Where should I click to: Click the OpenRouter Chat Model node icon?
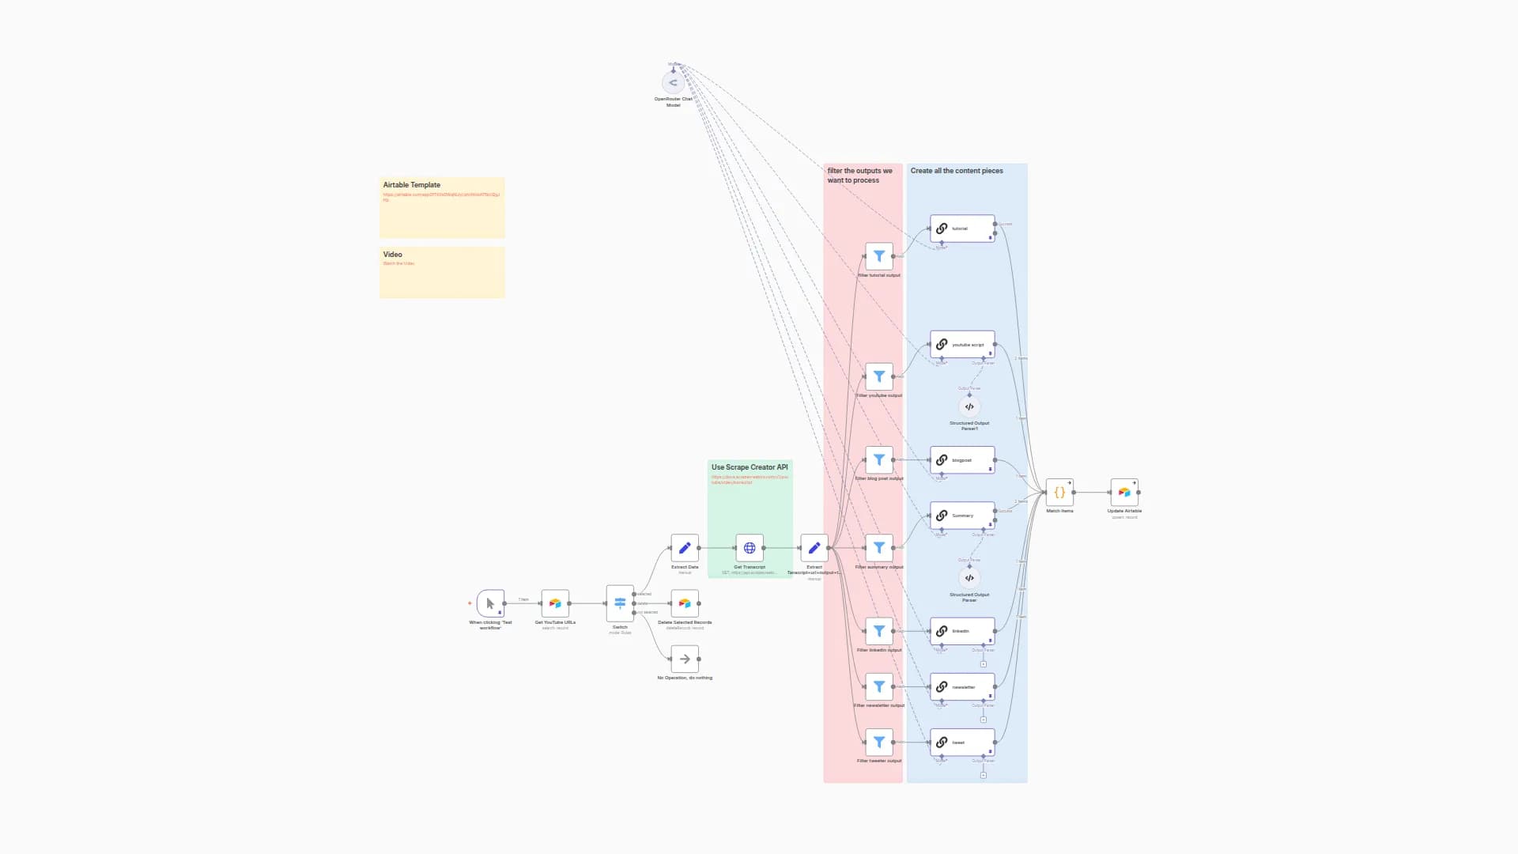pyautogui.click(x=673, y=82)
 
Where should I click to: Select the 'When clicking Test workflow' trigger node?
pyautogui.click(x=490, y=603)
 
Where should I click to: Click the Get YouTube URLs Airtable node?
pyautogui.click(x=555, y=603)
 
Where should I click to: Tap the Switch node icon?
pyautogui.click(x=620, y=603)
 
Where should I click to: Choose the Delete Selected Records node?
pyautogui.click(x=685, y=603)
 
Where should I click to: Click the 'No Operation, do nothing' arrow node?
pyautogui.click(x=685, y=659)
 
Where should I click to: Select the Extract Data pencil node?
pyautogui.click(x=685, y=548)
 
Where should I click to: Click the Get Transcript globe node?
pyautogui.click(x=750, y=548)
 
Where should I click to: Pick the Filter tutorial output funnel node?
pyautogui.click(x=879, y=256)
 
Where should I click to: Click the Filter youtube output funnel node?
pyautogui.click(x=879, y=376)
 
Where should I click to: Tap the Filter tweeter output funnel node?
pyautogui.click(x=879, y=742)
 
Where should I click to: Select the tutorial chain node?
pyautogui.click(x=962, y=229)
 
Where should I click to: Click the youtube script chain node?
pyautogui.click(x=962, y=345)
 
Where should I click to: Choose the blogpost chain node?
pyautogui.click(x=962, y=460)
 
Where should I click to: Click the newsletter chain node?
pyautogui.click(x=962, y=687)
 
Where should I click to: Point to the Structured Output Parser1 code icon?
pyautogui.click(x=969, y=406)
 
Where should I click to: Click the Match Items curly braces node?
pyautogui.click(x=1059, y=492)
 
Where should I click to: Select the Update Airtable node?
pyautogui.click(x=1124, y=492)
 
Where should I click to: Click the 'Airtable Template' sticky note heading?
pyautogui.click(x=412, y=185)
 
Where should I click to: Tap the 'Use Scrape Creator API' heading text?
pyautogui.click(x=750, y=467)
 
